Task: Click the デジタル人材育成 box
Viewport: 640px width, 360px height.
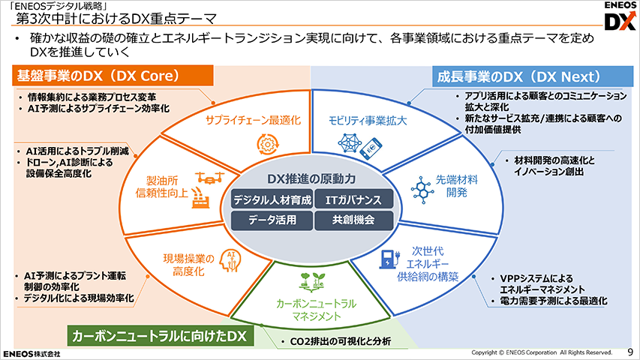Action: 272,199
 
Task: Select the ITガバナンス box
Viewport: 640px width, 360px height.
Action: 354,199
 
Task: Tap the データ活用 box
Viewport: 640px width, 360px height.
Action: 272,220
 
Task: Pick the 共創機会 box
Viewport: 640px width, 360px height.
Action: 354,220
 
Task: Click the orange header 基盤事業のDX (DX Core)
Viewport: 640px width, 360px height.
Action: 113,76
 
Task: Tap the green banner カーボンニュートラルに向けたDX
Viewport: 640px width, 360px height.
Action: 161,336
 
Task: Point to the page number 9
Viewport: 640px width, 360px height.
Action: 630,352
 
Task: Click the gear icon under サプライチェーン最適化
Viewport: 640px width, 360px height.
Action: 268,144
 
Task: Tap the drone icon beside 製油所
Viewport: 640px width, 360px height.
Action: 210,178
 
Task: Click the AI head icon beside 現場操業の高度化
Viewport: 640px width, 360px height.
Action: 230,261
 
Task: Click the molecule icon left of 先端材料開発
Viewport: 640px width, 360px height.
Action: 422,190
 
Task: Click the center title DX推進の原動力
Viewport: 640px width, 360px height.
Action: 311,178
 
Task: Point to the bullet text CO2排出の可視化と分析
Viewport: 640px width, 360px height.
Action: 341,341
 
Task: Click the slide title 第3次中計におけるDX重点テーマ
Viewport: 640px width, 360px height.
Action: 116,19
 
